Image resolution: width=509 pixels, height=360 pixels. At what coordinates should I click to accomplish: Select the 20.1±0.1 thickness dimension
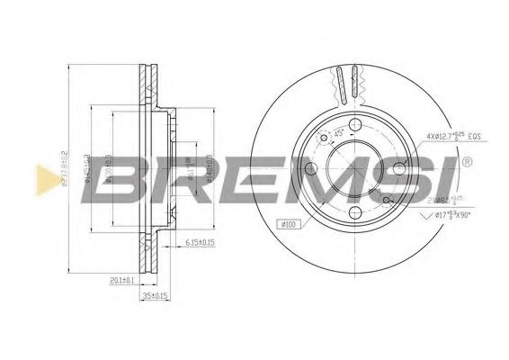tap(119, 280)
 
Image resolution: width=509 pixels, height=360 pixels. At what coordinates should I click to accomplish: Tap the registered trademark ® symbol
tap(468, 163)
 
